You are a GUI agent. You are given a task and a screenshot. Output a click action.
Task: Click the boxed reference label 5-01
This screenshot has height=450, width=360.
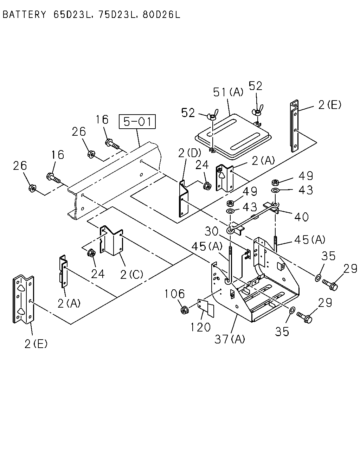pos(137,122)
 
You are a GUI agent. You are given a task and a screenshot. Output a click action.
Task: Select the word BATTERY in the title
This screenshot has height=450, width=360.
pos(24,15)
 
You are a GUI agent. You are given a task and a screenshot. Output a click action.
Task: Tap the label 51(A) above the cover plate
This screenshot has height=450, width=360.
pos(228,92)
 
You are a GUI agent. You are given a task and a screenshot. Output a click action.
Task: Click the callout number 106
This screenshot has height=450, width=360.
pos(175,294)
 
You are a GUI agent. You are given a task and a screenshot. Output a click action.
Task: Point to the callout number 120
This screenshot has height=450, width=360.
pos(200,327)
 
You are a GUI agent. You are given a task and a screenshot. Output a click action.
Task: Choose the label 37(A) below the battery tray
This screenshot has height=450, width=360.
pos(230,339)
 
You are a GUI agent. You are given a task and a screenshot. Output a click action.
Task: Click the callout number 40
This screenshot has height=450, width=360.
pos(301,217)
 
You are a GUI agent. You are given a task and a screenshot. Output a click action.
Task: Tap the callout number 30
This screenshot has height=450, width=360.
pos(211,231)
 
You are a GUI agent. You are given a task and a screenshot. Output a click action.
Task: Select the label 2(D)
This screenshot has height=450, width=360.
pos(189,153)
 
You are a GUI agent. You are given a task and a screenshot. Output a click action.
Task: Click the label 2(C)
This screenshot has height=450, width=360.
pos(131,274)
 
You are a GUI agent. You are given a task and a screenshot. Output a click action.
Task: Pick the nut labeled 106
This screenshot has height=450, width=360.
pos(184,310)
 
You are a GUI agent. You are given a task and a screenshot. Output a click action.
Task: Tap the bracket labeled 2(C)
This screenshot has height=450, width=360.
pos(111,240)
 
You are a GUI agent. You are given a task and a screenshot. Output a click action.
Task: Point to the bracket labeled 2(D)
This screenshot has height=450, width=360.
pos(184,199)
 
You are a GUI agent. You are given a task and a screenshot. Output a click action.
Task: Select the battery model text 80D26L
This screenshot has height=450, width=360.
pos(161,15)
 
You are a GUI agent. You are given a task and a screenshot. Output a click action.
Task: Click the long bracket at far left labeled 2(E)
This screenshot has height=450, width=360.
pos(24,299)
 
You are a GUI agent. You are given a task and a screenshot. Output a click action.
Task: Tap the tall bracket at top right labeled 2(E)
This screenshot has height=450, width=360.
pos(294,126)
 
